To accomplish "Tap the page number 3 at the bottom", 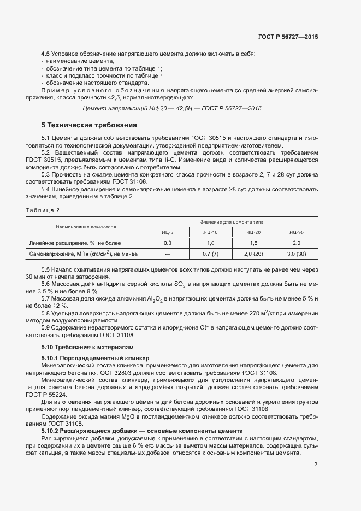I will (x=316, y=465).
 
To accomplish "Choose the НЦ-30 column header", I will (x=297, y=232).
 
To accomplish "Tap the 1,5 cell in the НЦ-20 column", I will (x=253, y=243).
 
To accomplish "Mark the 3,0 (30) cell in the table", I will (x=297, y=254).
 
